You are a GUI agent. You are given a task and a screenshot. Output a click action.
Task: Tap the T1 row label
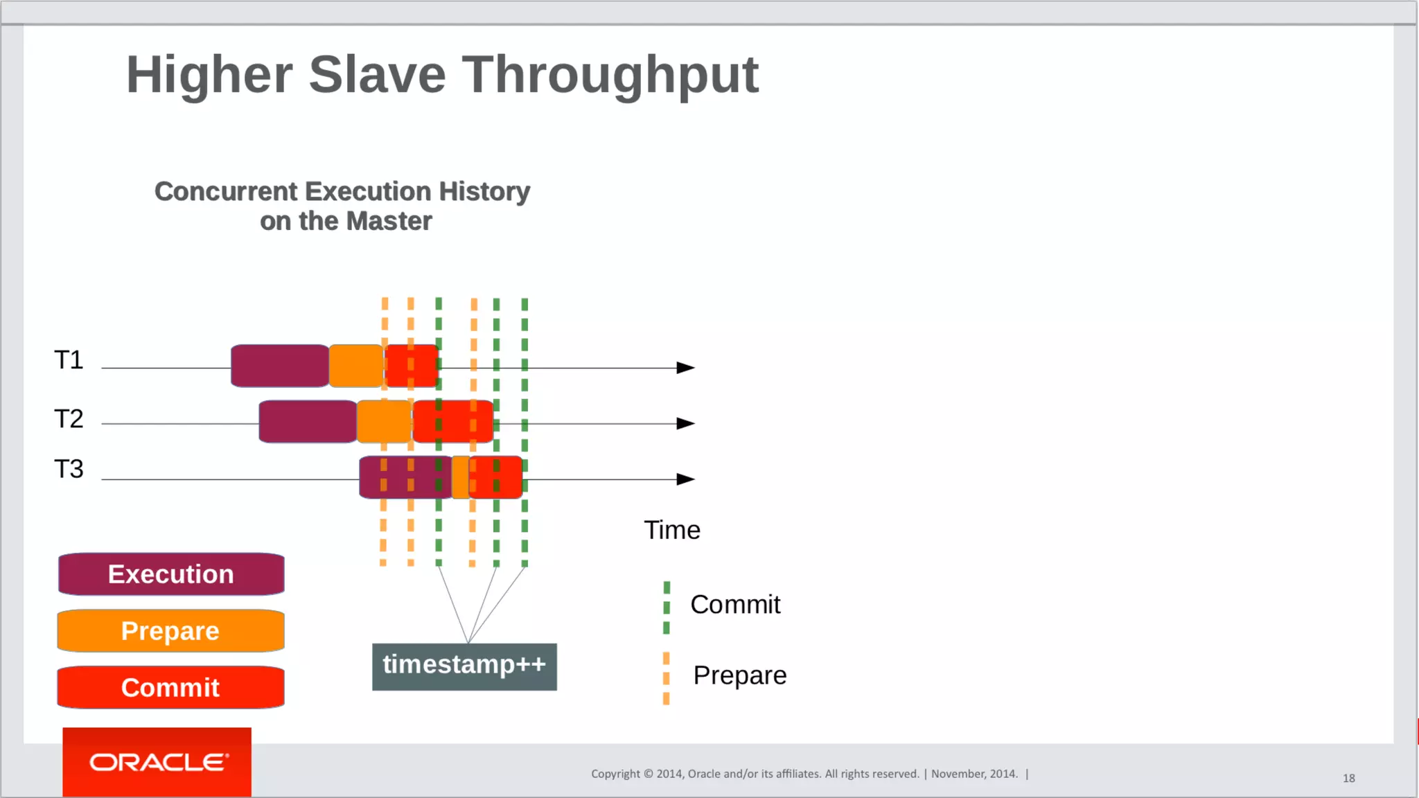[x=69, y=360]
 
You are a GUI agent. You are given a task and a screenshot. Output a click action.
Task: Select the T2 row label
[x=69, y=419]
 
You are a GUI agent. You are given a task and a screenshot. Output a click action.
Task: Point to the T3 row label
[x=69, y=470]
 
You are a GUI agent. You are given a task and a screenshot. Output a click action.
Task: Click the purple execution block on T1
[x=280, y=366]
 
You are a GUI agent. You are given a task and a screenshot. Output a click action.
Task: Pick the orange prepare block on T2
[x=384, y=421]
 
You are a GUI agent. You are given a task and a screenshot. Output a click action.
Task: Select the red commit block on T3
[x=496, y=477]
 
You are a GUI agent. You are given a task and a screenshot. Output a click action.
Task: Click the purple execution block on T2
[x=308, y=421]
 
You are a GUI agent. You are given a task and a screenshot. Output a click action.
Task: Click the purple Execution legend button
[x=171, y=574]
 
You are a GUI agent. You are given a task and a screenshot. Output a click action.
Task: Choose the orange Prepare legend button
[x=171, y=631]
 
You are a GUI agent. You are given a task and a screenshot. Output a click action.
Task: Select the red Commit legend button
[x=171, y=688]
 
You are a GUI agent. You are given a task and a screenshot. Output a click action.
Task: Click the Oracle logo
[x=157, y=762]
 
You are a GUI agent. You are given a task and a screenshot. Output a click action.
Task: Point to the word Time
[x=672, y=531]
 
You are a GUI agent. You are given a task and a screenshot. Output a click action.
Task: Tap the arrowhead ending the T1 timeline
[x=685, y=368]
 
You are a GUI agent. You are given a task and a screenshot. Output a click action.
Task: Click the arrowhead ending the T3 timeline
[x=685, y=479]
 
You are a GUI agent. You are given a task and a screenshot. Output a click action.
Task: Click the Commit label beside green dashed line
[x=735, y=605]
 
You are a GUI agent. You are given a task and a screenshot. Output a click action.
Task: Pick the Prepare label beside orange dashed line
[x=739, y=675]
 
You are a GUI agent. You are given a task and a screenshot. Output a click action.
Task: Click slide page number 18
[x=1348, y=779]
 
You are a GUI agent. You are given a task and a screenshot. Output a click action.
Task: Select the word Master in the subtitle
[x=389, y=222]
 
